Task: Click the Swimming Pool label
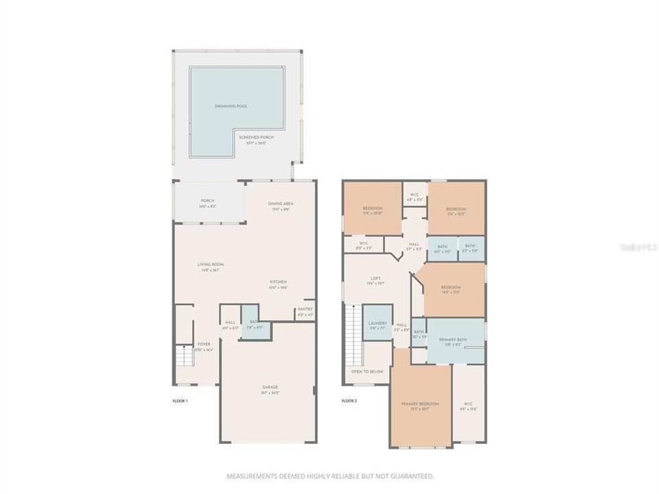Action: (231, 106)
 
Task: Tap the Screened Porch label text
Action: (256, 138)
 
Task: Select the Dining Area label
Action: (281, 204)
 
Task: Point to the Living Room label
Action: (211, 264)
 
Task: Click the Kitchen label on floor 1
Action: (278, 282)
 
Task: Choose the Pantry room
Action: (305, 309)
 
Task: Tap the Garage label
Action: (270, 387)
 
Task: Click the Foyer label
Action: (204, 344)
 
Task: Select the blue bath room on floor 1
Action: (255, 330)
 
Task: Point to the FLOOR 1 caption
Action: (180, 400)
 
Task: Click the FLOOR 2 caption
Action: (349, 400)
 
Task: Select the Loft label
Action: (375, 279)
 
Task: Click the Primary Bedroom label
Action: (419, 404)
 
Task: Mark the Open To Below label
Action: (367, 371)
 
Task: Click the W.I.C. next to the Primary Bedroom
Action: (469, 404)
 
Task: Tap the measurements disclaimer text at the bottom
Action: (329, 475)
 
